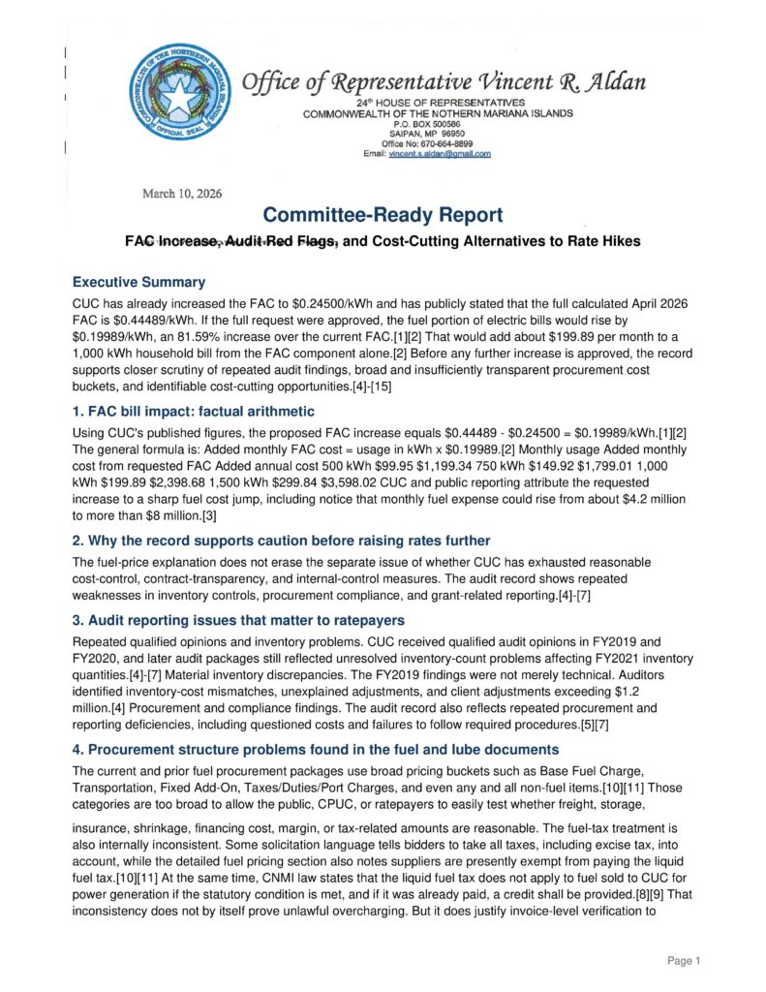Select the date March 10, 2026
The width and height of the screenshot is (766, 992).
182,194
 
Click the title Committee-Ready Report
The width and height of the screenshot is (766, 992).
383,215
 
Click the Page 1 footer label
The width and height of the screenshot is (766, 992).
683,960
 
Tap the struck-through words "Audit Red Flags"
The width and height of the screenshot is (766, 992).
282,240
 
